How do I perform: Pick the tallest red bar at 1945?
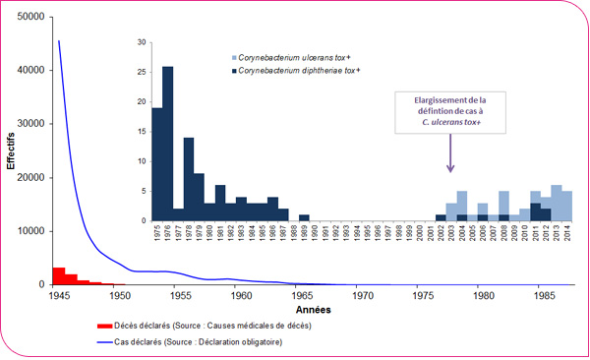click(59, 275)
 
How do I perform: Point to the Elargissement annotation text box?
click(449, 112)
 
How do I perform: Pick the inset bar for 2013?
click(557, 203)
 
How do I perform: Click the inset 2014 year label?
click(567, 236)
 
